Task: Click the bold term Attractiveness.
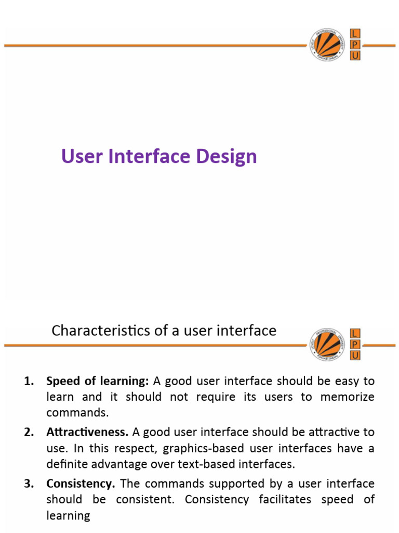click(x=87, y=432)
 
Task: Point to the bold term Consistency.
click(x=81, y=484)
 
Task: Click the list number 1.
click(x=29, y=382)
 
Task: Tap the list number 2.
click(x=29, y=432)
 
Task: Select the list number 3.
click(x=29, y=484)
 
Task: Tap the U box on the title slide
click(x=355, y=56)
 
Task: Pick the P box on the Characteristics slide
click(x=355, y=345)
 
